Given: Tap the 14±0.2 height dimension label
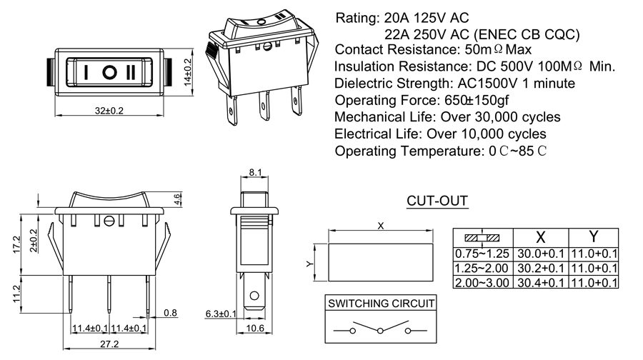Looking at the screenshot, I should [x=189, y=73].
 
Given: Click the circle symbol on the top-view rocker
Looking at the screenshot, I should [x=110, y=72].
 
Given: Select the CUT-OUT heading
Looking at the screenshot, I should [x=437, y=201].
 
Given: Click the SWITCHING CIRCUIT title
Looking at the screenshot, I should [x=381, y=304].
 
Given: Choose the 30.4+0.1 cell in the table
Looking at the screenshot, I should [x=541, y=283].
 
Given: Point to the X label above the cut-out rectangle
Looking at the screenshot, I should [x=381, y=226].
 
